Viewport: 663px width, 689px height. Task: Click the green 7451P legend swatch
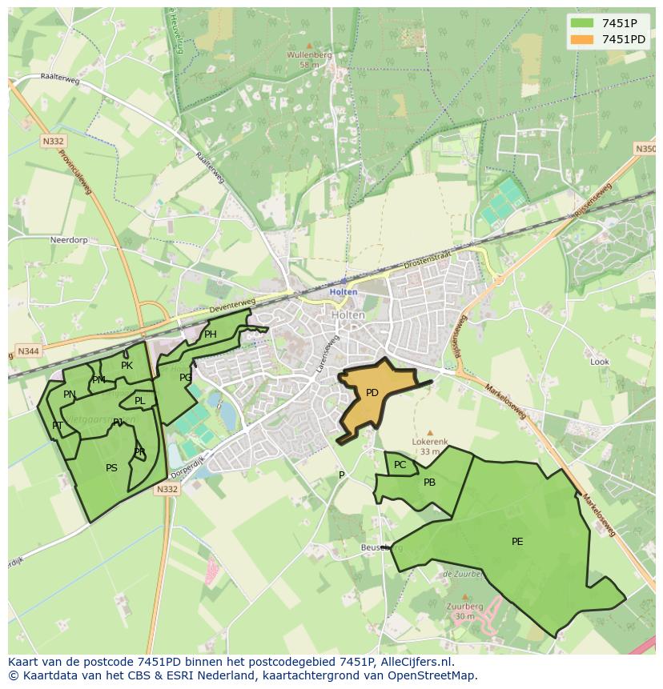point(581,23)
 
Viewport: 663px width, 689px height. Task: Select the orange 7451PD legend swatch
point(581,39)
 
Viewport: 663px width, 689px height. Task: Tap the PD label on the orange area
point(372,393)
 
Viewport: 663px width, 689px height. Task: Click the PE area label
point(517,542)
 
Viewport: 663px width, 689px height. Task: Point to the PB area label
point(429,483)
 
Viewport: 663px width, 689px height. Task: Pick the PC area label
point(400,465)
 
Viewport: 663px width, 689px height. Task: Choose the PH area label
point(211,334)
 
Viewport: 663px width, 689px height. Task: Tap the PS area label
point(111,468)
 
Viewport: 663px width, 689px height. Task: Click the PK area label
point(127,366)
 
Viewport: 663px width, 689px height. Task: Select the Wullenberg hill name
point(309,55)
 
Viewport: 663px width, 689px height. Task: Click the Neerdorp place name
point(68,240)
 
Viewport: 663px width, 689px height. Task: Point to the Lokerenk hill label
point(430,442)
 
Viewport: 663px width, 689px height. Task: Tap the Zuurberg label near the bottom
point(464,607)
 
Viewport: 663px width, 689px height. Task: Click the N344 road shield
point(26,351)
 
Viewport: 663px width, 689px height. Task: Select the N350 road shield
point(645,149)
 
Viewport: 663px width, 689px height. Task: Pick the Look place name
point(600,362)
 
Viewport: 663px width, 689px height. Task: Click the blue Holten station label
point(344,292)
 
